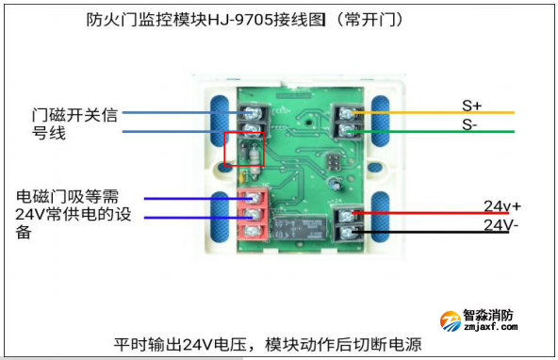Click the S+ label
click(x=471, y=104)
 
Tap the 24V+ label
click(x=502, y=206)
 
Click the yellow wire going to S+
click(x=443, y=113)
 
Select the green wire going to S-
click(x=443, y=131)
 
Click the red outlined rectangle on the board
click(x=243, y=153)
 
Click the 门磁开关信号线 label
click(x=74, y=124)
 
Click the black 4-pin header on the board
click(x=332, y=164)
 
